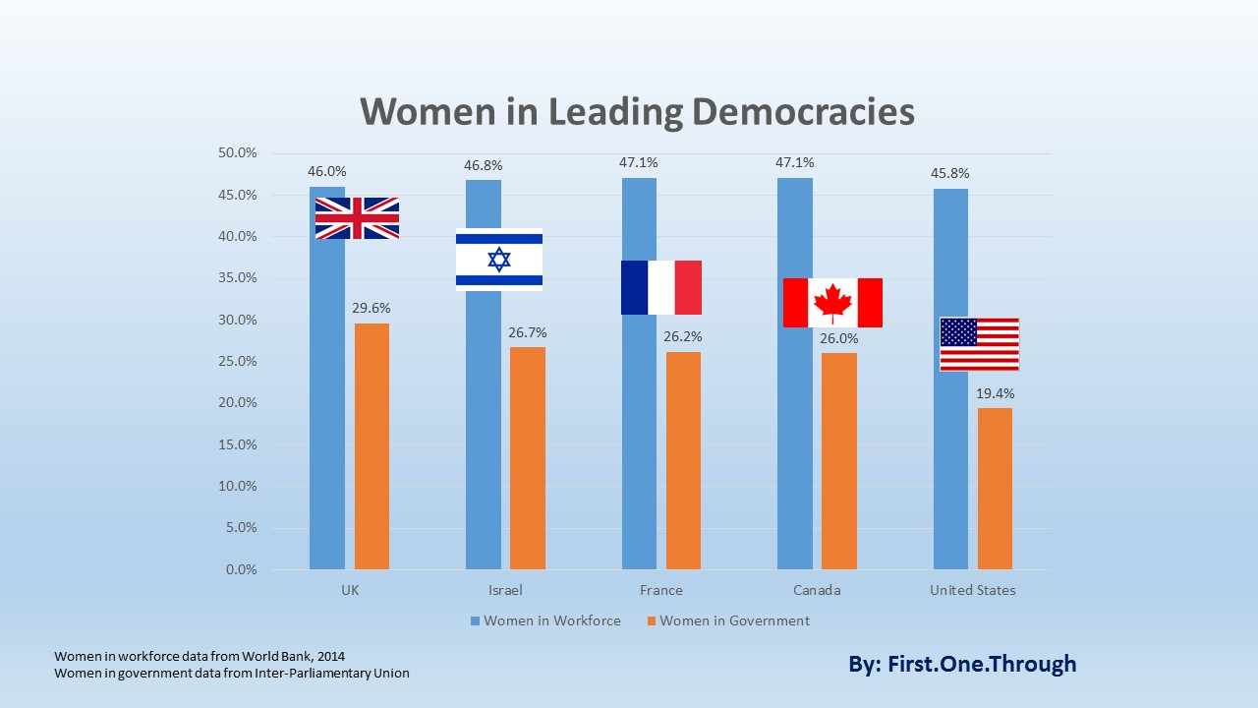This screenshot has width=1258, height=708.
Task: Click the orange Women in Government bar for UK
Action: point(372,446)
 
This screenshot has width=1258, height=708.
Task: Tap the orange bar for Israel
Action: point(528,458)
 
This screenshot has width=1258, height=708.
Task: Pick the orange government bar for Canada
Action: point(839,461)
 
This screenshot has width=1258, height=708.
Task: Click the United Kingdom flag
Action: point(357,218)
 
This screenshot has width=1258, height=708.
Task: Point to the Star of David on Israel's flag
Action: point(499,260)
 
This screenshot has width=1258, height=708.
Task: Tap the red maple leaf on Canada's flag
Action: point(832,303)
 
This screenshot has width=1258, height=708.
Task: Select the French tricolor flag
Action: point(661,287)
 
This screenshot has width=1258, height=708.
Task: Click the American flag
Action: point(979,344)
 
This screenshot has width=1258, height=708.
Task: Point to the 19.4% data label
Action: point(996,393)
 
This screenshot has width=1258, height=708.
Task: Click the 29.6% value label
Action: point(372,309)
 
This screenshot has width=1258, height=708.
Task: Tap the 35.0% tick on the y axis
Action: point(236,278)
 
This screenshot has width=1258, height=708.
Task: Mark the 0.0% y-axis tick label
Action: point(239,569)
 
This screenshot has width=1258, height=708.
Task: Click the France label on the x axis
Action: point(660,590)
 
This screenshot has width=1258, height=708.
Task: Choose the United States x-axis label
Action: point(973,590)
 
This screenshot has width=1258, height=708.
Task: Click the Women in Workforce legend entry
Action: point(545,620)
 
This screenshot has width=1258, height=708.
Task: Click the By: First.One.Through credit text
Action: point(962,664)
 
